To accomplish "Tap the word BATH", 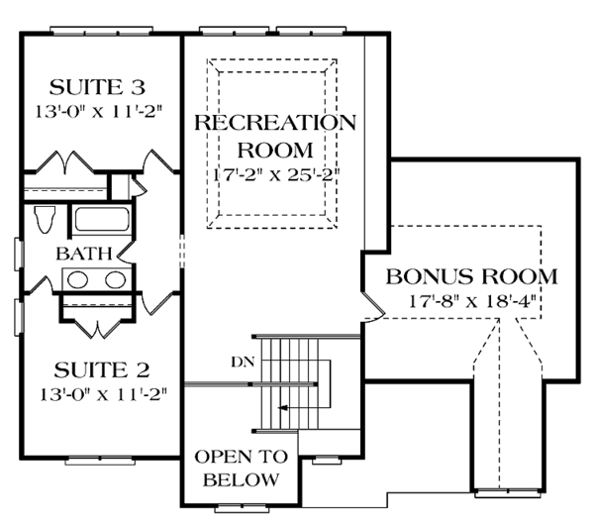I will coord(76,254).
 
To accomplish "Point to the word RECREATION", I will coord(274,123).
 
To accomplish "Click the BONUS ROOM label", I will coord(471,275).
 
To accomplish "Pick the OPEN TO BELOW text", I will coord(241,468).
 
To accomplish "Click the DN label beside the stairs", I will coord(241,361).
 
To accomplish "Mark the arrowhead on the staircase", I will coord(283,407).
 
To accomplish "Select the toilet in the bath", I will coord(43,218).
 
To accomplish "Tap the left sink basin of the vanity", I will coord(76,279).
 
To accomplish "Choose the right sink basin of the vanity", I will coord(115,279).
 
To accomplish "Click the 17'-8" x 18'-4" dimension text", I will coord(471,300).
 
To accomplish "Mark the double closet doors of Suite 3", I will coord(99,159).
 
